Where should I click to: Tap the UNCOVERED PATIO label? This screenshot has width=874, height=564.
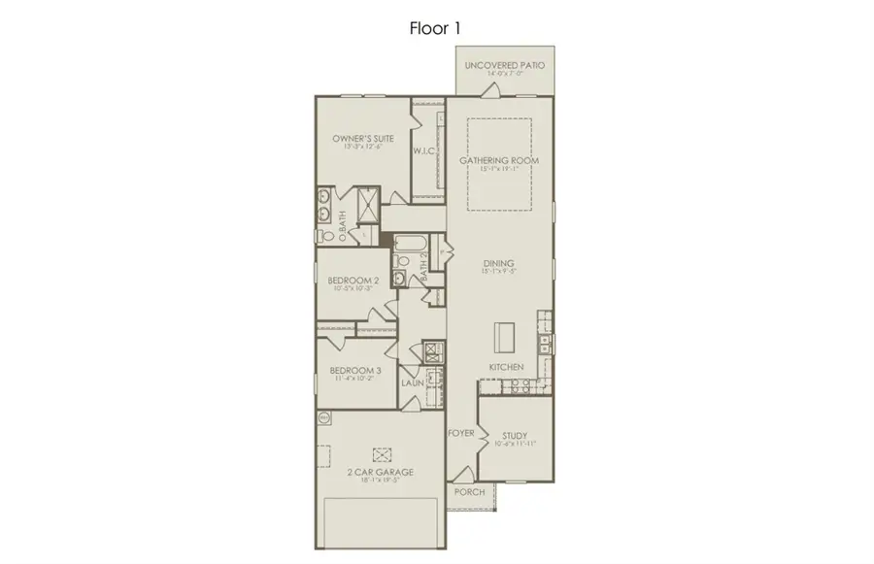point(504,66)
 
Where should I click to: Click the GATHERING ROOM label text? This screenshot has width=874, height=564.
point(499,159)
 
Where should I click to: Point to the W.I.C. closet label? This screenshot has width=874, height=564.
point(423,151)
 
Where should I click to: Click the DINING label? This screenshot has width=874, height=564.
point(499,263)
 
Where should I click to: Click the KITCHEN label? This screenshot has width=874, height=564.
point(506,368)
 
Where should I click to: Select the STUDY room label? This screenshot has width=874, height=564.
point(515,436)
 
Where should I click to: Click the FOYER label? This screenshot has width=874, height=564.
point(460,433)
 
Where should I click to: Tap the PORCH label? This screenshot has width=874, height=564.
point(469,492)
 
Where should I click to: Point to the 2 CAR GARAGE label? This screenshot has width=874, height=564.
point(382,472)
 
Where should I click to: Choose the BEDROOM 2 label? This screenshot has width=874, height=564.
point(353,280)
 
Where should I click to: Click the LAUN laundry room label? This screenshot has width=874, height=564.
point(413,384)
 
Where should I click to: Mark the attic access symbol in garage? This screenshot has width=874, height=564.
point(383,453)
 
